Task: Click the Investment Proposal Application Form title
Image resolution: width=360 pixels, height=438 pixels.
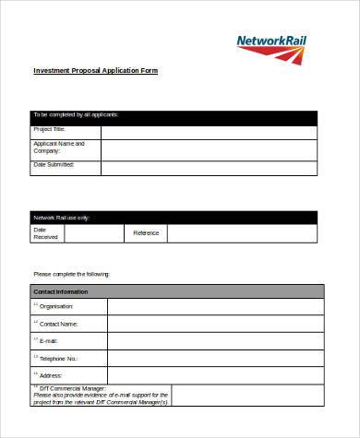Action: pos(96,71)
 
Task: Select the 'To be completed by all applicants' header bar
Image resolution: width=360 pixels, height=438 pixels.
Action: pos(174,116)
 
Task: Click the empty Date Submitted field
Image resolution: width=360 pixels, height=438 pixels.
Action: pos(209,168)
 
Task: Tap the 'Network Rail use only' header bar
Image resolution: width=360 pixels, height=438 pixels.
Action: pos(174,218)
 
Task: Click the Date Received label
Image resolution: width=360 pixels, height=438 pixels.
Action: pos(46,233)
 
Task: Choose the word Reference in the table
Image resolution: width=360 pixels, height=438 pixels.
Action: pos(146,233)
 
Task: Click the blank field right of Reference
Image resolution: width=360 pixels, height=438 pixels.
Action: pos(243,233)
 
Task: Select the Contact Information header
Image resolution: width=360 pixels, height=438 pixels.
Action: pos(174,291)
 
